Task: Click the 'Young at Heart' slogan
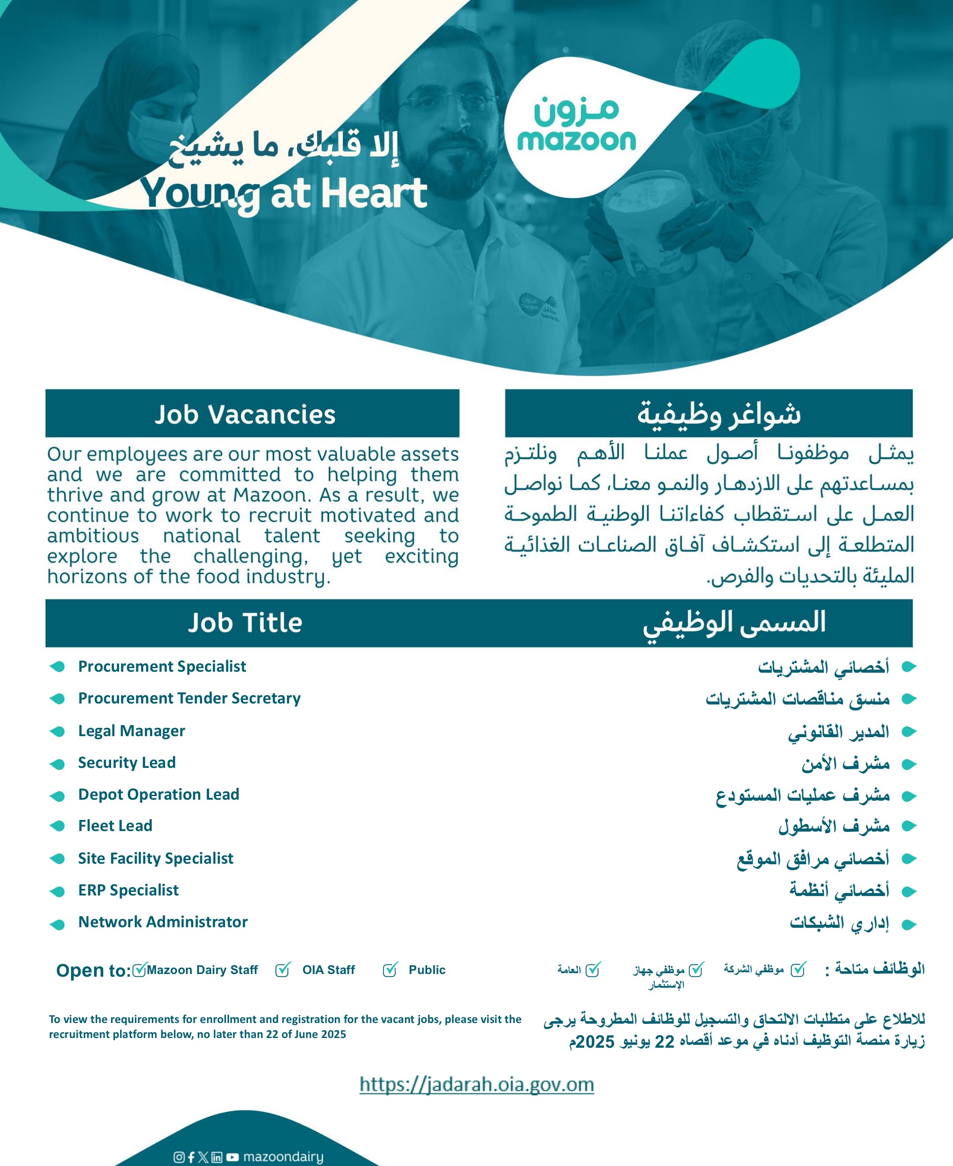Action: (283, 193)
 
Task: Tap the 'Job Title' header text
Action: (245, 623)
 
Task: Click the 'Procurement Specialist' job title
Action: (162, 666)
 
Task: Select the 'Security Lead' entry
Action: (127, 762)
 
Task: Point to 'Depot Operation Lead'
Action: (159, 794)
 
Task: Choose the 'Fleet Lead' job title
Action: (115, 825)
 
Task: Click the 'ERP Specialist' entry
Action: (128, 890)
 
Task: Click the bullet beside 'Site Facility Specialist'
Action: (57, 859)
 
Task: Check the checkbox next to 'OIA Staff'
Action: (283, 970)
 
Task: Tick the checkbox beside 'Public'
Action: (390, 970)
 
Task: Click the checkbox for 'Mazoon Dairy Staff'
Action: (139, 970)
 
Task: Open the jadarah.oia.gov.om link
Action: (476, 1084)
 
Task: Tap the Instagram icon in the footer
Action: (179, 1157)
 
